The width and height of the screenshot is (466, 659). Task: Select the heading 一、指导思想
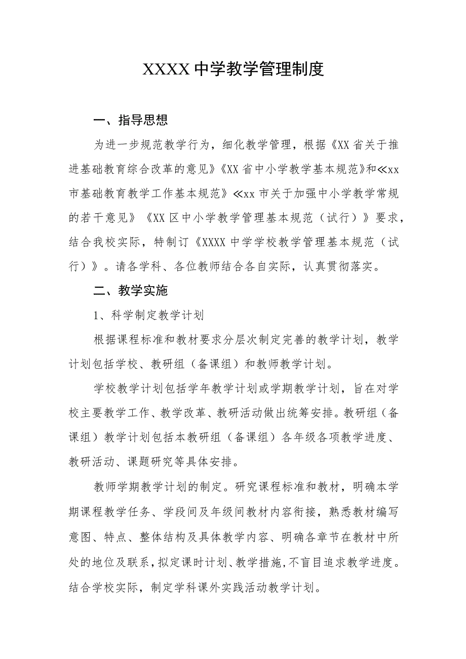tap(131, 121)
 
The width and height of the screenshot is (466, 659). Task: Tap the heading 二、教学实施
tap(131, 291)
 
